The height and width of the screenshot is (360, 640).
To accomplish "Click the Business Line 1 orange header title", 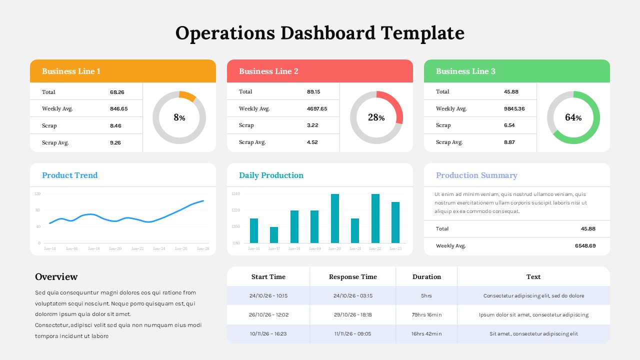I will pos(71,71).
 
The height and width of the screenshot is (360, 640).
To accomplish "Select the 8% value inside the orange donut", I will pos(179,117).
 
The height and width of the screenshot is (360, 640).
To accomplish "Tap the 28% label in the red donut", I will pos(376,117).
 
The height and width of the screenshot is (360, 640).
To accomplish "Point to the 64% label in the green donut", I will pos(573,117).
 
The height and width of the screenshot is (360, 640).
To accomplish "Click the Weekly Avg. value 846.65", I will pos(118,108).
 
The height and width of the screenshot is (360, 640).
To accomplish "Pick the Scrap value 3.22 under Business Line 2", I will pos(312,125).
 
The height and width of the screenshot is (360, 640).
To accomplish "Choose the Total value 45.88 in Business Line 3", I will pos(511,91).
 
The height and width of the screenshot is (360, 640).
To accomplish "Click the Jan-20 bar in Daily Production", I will pos(335,218).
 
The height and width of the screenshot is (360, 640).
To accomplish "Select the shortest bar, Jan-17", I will pos(274,235).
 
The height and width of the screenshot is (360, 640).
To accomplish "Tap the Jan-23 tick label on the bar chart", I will pos(395,248).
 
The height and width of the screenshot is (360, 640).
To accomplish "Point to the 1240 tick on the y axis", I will pos(236,193).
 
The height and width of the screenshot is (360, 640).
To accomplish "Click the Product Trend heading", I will pos(69,175).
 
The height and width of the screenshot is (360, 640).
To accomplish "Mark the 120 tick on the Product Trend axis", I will pos(37,193).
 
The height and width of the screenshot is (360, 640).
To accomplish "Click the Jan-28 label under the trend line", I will pos(202,248).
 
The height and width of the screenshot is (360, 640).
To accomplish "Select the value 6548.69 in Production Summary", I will pos(585,245).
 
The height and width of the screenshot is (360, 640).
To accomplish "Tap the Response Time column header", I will pos(352,277).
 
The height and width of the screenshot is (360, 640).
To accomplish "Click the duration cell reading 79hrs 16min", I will pos(426,315).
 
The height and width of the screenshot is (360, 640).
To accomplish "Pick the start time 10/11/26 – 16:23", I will pos(268,333).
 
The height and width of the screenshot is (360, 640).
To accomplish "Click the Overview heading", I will pos(56,277).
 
